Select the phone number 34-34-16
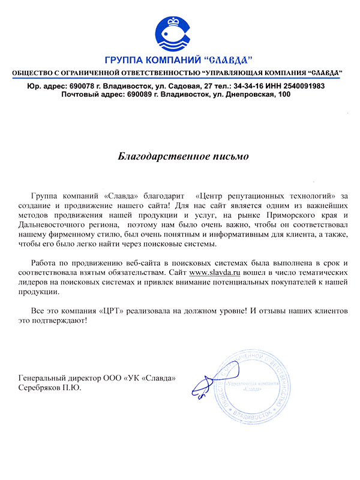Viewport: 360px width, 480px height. [x=240, y=86]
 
